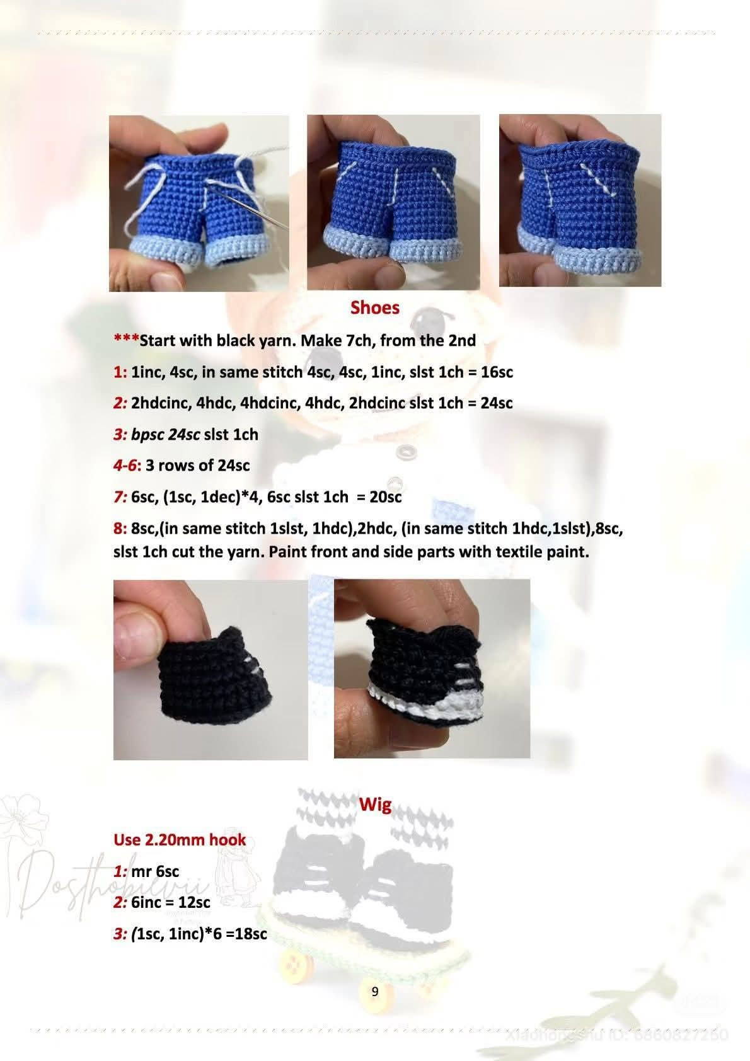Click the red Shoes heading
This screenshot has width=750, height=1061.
(374, 307)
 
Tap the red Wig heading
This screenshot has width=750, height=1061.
(375, 805)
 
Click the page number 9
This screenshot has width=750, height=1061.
(375, 992)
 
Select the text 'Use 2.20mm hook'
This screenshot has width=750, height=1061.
(180, 840)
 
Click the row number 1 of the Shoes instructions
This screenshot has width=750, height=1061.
(120, 372)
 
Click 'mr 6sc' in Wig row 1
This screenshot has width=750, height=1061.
(155, 871)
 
